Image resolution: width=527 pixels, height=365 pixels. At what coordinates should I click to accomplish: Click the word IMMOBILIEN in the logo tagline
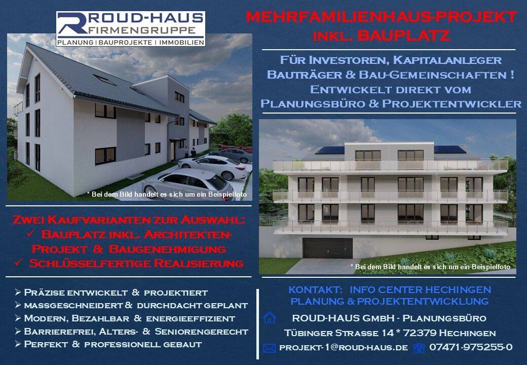pyautogui.click(x=181, y=43)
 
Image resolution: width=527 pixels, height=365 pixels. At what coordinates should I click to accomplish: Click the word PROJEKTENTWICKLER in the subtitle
pyautogui.click(x=451, y=103)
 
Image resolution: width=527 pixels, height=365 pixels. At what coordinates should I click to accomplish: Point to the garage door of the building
pyautogui.click(x=327, y=248)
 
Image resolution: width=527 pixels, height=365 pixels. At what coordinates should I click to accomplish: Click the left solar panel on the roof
pyautogui.click(x=330, y=150)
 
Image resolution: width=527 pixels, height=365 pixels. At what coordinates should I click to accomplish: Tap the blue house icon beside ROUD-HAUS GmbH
pyautogui.click(x=270, y=317)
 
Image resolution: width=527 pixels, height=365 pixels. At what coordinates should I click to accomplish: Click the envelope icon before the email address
pyautogui.click(x=269, y=348)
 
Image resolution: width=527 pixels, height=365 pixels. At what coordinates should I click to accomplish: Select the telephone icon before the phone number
pyautogui.click(x=419, y=348)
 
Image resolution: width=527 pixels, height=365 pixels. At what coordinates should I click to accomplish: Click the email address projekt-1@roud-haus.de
pyautogui.click(x=344, y=348)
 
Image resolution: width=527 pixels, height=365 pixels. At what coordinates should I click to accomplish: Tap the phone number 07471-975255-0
pyautogui.click(x=471, y=347)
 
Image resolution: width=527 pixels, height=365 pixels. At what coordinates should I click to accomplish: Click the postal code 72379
pyautogui.click(x=420, y=333)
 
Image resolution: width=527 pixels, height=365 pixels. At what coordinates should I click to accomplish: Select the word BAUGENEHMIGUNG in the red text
pyautogui.click(x=167, y=249)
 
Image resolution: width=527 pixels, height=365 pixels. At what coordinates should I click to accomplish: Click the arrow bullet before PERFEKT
pyautogui.click(x=18, y=344)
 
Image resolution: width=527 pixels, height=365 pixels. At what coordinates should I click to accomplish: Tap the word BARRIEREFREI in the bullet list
pyautogui.click(x=59, y=332)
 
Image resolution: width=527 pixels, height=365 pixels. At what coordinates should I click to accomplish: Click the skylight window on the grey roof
pyautogui.click(x=104, y=80)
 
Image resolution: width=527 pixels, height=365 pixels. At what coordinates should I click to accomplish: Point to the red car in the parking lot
pyautogui.click(x=239, y=148)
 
